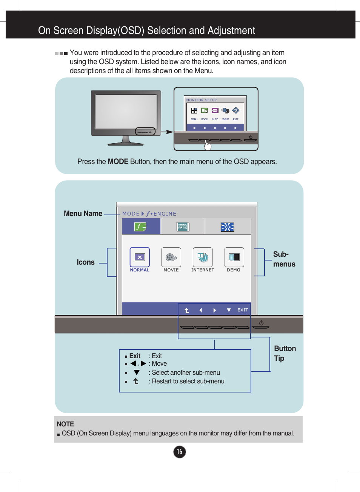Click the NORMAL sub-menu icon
coord(140,257)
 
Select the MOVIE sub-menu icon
coord(171,257)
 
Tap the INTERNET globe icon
coord(203,257)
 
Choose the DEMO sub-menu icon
coord(234,257)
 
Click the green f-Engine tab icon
coord(140,227)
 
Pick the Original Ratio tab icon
coord(183,227)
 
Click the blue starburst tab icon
coord(227,227)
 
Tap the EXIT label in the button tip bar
coord(243,310)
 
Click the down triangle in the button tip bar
coord(229,310)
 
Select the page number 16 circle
coord(180,451)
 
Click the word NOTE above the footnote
coord(65,424)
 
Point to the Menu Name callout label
coord(83,214)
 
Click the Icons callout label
coord(86,262)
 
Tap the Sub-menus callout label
coord(284,259)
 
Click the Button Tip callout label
coord(285,353)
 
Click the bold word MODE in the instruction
coord(118,162)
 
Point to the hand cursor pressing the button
coord(208,145)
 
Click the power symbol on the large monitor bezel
coord(261,323)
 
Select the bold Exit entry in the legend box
coord(135,356)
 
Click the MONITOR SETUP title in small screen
coord(202,100)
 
